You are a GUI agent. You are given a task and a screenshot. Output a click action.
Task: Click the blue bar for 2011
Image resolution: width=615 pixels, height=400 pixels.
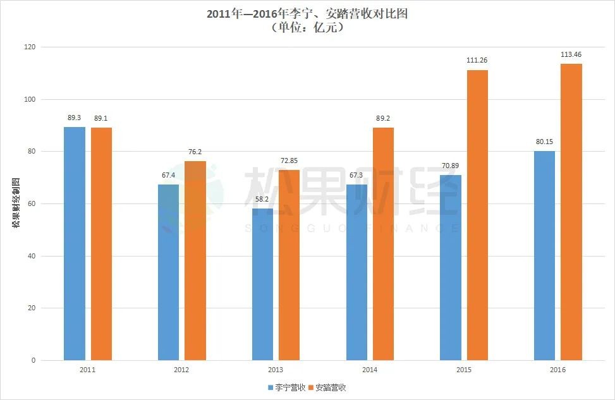point(75,243)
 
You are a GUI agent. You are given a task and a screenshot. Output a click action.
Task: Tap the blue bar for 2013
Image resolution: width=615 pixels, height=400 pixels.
point(262,284)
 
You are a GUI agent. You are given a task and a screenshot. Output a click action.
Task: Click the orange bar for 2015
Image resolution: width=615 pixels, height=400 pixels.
point(477,215)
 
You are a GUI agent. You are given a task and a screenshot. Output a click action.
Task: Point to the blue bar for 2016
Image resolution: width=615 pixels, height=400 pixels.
point(544,255)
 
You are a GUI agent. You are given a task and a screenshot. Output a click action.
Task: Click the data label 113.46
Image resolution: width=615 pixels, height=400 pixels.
point(571,54)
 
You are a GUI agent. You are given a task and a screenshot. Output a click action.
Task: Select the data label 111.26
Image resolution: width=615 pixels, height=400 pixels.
point(477,60)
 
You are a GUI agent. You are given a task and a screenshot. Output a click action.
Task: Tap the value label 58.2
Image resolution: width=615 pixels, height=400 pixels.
point(262,200)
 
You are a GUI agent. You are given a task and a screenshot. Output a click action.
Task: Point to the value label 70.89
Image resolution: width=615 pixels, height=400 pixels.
point(450,166)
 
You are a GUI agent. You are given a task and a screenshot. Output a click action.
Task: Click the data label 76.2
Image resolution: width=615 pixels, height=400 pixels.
point(195,152)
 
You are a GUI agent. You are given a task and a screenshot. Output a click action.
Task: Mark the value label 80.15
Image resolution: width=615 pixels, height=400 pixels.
point(544,142)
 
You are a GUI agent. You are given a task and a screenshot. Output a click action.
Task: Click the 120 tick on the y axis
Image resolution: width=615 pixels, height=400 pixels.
point(30,47)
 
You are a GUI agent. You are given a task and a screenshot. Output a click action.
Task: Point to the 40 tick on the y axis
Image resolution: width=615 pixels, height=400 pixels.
point(32,256)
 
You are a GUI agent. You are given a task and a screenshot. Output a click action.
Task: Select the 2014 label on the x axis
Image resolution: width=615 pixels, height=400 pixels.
point(370,370)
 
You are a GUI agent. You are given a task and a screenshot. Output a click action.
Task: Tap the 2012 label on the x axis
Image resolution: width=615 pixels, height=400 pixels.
point(181,370)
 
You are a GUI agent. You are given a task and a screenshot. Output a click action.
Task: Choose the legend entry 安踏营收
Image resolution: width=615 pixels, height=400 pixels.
point(327,387)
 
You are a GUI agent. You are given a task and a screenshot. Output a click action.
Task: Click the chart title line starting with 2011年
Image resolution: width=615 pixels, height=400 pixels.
point(307,14)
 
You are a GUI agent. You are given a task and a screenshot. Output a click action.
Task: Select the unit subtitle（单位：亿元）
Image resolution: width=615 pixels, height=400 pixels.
point(307,28)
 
